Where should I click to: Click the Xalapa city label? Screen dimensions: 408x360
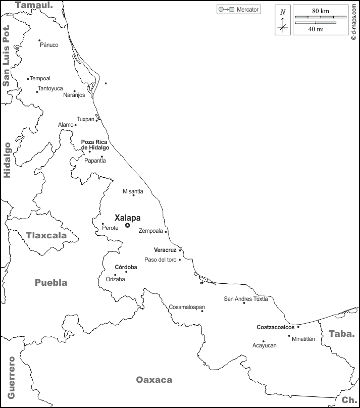point(127,218)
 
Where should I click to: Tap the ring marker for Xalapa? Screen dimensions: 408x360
point(127,225)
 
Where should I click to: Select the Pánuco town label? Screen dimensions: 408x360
point(49,45)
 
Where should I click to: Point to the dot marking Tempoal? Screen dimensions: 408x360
point(28,79)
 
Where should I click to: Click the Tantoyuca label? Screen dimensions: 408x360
point(50,88)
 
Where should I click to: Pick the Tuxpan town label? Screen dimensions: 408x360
point(85,119)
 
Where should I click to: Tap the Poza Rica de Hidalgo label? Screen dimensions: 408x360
point(95,144)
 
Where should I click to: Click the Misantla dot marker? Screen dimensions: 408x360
point(133,195)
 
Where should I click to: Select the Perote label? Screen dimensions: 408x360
point(110,228)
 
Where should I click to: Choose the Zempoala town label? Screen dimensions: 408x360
point(151,231)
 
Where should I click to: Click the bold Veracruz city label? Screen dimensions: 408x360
point(165,250)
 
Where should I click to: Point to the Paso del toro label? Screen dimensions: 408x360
point(161,260)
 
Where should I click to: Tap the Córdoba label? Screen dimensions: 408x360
point(126,267)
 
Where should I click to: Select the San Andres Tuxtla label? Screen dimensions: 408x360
point(246,299)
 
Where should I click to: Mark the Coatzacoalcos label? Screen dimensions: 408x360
point(276,327)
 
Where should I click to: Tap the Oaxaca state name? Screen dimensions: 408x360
point(154,380)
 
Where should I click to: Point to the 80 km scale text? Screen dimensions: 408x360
point(321,11)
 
